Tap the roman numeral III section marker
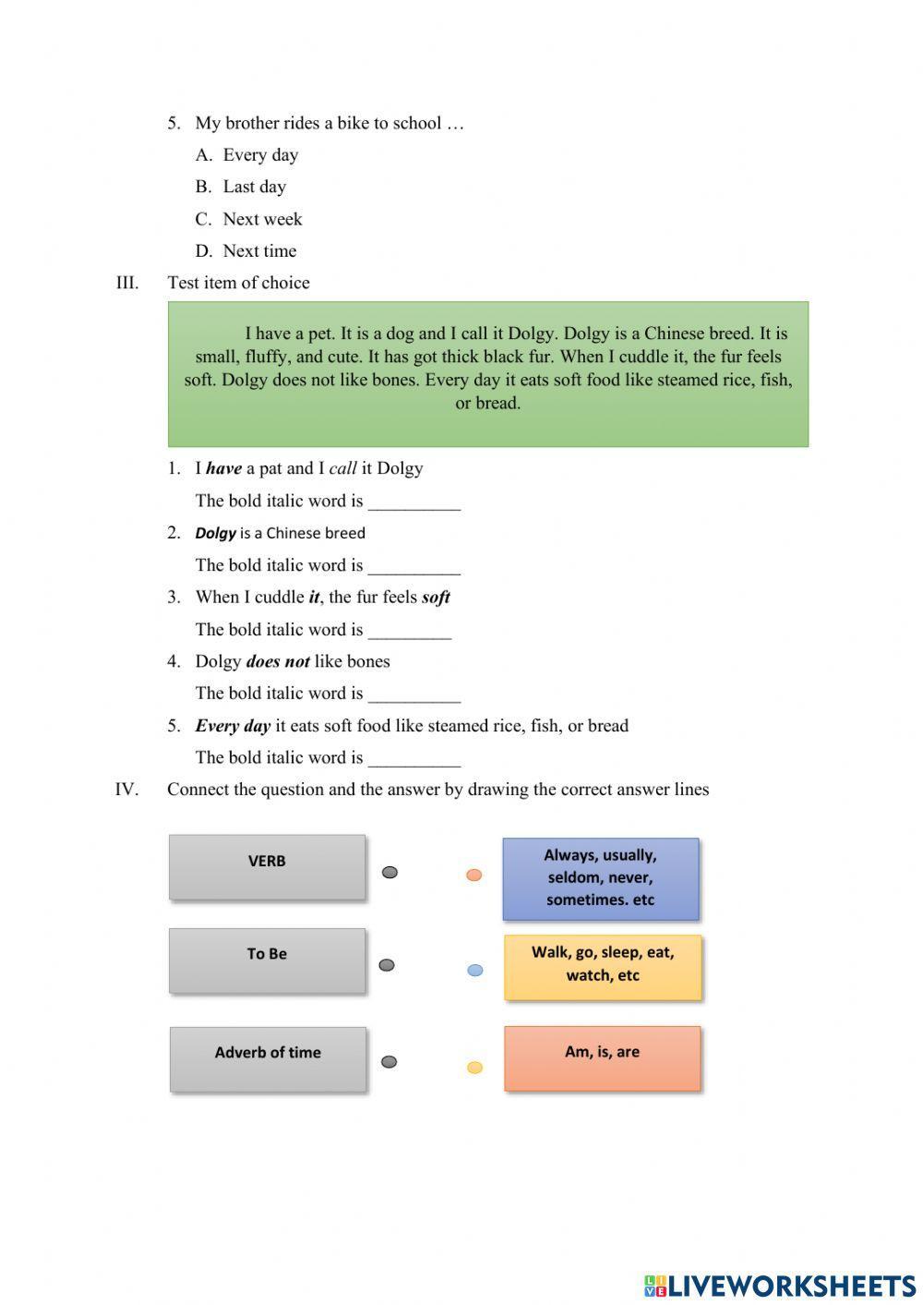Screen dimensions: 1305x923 tap(126, 283)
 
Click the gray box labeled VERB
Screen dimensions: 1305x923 tap(267, 866)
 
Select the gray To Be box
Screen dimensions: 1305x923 tap(267, 961)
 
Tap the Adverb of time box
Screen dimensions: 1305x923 tap(268, 1058)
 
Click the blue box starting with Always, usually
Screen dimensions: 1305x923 tap(600, 878)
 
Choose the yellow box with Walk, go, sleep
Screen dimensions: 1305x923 tap(602, 966)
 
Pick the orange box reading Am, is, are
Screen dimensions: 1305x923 tap(602, 1057)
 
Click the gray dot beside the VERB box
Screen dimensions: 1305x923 tap(390, 872)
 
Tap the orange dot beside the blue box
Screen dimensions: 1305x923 tap(473, 875)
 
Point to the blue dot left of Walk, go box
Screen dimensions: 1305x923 tap(474, 970)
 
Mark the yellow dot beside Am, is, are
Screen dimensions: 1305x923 tap(474, 1068)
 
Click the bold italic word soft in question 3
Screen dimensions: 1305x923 tap(436, 598)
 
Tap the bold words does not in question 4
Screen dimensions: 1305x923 tap(278, 661)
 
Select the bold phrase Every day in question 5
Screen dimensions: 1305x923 tap(233, 726)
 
